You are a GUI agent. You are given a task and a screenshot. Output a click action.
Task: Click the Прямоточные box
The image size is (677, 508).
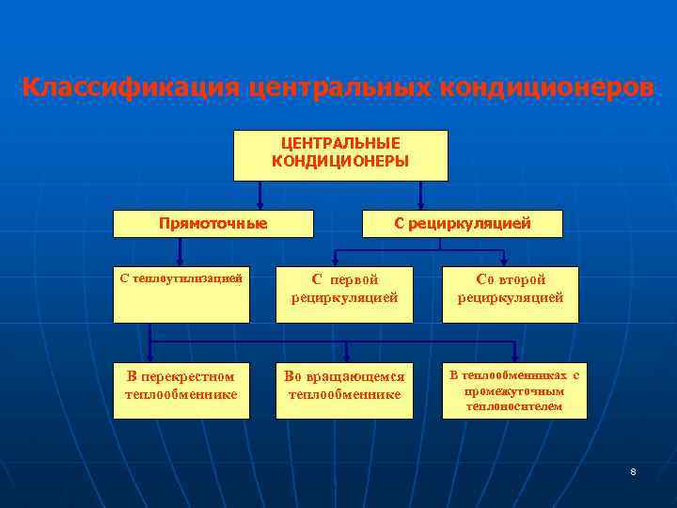213,224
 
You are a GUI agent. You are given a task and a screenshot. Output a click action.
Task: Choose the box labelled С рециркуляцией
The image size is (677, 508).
463,224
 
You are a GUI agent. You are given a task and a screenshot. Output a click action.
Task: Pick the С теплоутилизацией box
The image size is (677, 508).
181,294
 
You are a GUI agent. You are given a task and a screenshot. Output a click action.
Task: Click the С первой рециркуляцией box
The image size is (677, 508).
344,294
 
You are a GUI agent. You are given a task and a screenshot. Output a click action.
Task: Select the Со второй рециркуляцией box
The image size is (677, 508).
511,294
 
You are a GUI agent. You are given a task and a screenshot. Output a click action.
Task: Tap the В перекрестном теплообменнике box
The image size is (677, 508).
181,390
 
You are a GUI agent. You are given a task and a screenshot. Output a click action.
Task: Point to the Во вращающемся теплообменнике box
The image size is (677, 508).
345,390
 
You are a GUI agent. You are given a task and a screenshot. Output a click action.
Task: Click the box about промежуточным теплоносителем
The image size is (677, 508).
513,390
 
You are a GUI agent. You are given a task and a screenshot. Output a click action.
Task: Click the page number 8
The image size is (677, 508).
633,470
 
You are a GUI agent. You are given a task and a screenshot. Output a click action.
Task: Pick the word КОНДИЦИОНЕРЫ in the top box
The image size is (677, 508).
340,162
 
